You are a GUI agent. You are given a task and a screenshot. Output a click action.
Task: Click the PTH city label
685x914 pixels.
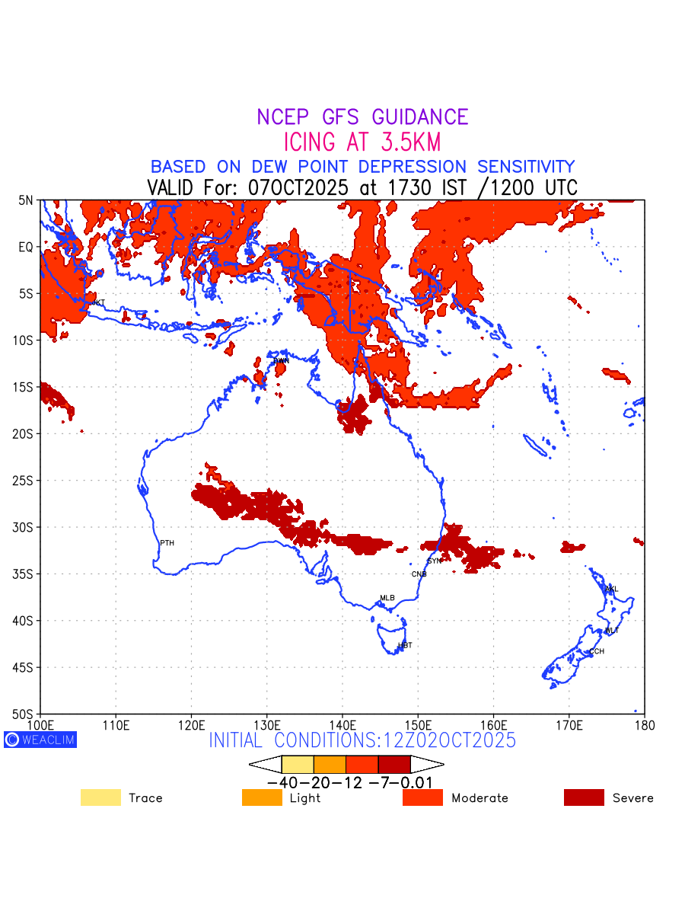tap(167, 543)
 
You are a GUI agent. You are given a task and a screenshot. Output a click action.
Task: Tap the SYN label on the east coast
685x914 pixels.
tap(434, 561)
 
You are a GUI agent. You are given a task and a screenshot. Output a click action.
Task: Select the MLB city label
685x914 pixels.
tap(387, 598)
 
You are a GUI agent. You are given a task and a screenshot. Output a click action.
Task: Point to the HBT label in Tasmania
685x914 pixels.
tap(405, 645)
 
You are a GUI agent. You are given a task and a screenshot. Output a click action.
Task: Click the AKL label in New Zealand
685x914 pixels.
tap(611, 589)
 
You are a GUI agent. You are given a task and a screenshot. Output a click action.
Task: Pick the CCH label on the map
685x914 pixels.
tap(596, 651)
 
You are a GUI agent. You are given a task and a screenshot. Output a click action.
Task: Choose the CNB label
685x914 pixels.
tap(419, 574)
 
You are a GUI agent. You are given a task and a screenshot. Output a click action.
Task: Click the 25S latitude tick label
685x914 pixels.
tap(27, 481)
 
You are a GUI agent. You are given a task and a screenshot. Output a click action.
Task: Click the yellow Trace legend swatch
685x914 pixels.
tap(100, 797)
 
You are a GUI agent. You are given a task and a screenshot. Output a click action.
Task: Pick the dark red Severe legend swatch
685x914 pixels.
tap(584, 797)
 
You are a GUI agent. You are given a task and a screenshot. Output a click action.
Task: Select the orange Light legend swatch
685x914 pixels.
tap(262, 797)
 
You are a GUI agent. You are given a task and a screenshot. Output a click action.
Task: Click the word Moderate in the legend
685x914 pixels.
tap(479, 798)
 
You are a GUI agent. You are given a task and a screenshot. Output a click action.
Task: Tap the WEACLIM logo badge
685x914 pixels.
tap(40, 740)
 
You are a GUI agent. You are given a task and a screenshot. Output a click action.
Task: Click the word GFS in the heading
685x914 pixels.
tap(343, 117)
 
